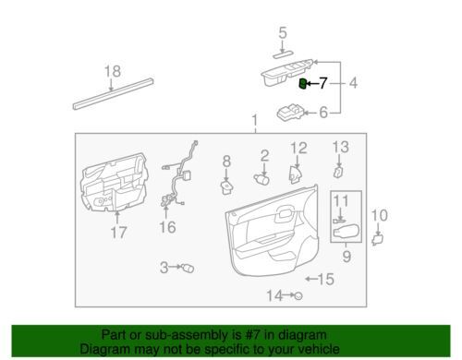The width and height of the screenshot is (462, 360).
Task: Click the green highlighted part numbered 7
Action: (303, 83)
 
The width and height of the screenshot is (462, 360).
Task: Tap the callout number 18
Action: (113, 71)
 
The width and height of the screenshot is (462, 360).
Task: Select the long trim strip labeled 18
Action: (113, 93)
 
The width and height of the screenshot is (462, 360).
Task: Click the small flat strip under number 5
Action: (283, 54)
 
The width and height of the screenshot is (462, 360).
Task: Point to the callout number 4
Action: (353, 83)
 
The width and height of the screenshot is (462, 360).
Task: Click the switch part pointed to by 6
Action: (290, 112)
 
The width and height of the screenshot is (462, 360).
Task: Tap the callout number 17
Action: (118, 233)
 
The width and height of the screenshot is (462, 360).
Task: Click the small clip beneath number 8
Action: (226, 187)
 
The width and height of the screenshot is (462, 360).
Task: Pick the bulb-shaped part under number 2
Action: (261, 179)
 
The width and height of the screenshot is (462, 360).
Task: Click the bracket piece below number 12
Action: (295, 174)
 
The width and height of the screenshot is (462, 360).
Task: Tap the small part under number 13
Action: (338, 173)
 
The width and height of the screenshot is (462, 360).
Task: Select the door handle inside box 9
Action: (346, 232)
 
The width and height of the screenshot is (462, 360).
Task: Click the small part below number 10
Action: (377, 240)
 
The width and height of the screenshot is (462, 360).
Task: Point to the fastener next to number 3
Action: (188, 268)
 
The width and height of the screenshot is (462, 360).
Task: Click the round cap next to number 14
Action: (298, 296)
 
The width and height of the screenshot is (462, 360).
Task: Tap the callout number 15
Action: (326, 280)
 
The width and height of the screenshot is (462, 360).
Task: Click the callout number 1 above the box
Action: (255, 121)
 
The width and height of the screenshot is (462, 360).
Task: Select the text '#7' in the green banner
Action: (250, 335)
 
